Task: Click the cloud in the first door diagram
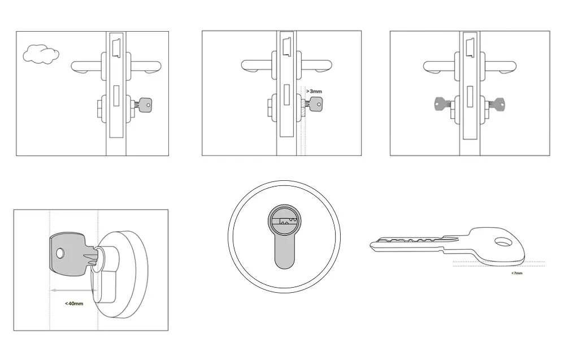[41, 54]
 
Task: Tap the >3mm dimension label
[314, 92]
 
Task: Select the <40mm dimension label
[74, 304]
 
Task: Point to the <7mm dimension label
[517, 273]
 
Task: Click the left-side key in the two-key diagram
[443, 105]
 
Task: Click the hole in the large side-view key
[503, 241]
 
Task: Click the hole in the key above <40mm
[60, 254]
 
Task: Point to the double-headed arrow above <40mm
[74, 290]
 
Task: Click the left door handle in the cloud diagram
[86, 66]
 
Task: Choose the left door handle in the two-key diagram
[439, 66]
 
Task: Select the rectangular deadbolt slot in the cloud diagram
[116, 96]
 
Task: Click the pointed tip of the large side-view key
[371, 245]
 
